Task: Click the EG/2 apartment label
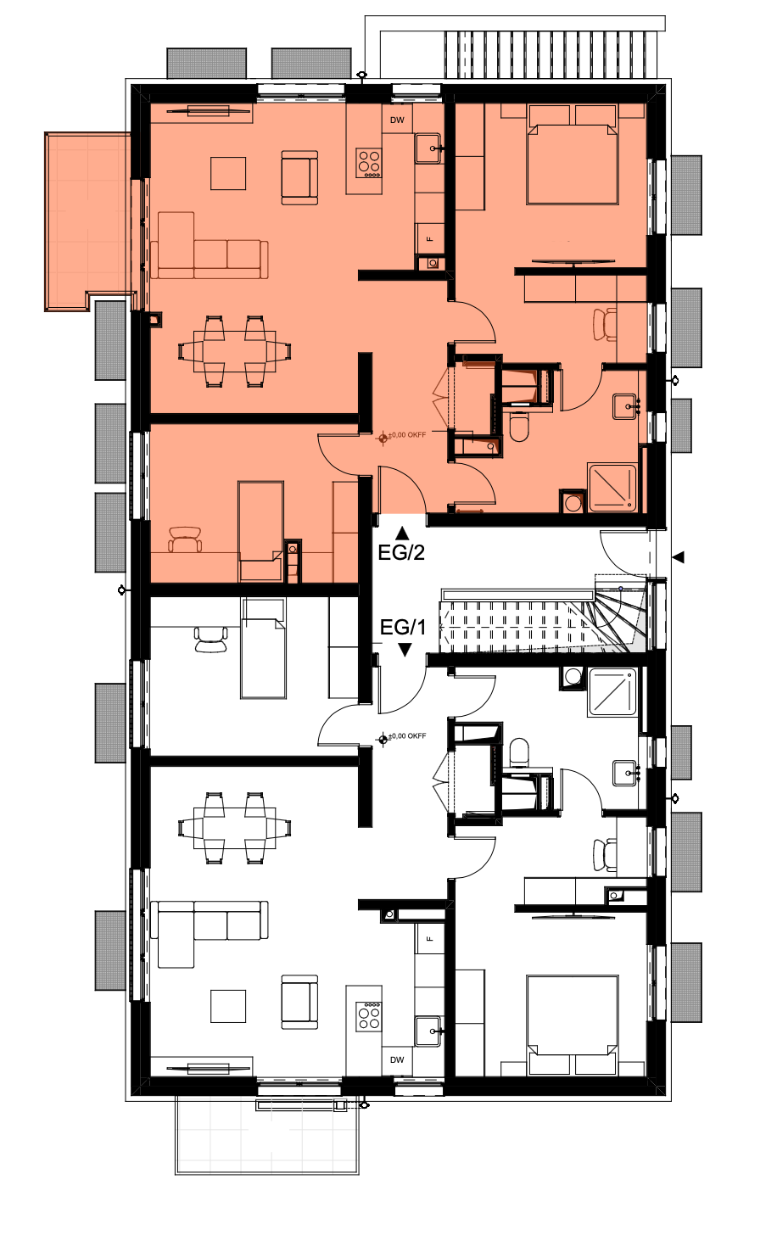[x=401, y=552]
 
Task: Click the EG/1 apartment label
[x=402, y=627]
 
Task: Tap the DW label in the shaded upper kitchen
[x=397, y=120]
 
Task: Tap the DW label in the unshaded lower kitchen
[x=397, y=1059]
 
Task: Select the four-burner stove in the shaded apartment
[x=370, y=163]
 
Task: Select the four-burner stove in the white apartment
[x=370, y=1016]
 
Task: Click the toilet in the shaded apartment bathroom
[x=519, y=427]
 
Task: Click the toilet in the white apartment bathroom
[x=519, y=752]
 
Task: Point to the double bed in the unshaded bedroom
[x=573, y=1026]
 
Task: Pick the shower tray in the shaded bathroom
[x=612, y=487]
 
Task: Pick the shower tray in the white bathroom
[x=612, y=692]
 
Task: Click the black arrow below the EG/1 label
[x=405, y=650]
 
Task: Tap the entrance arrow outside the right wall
[x=678, y=556]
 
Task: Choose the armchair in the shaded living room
[x=299, y=177]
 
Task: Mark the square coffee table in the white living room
[x=228, y=1006]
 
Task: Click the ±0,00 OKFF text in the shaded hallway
[x=407, y=434]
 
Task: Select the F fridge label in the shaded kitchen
[x=430, y=238]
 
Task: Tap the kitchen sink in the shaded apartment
[x=428, y=148]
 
